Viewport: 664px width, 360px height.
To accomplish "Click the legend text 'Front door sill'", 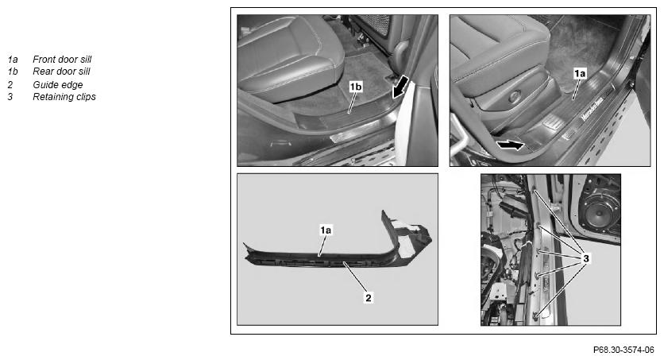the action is [62, 60].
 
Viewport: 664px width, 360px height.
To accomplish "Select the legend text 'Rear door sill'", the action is [61, 72].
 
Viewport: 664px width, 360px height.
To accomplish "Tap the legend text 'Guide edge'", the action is [58, 85].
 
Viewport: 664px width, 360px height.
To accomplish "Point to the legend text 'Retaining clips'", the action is [64, 97].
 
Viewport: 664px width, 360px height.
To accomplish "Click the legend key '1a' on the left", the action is [12, 60].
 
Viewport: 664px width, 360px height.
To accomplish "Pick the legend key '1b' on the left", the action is [13, 72].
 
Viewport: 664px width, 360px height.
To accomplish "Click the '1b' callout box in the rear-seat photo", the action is [356, 87].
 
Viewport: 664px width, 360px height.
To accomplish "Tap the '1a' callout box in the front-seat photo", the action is [580, 74].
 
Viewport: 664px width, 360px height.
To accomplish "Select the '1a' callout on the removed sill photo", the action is [326, 230].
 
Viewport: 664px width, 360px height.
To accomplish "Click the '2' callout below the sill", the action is [369, 298].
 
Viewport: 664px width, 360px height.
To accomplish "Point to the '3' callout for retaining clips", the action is [586, 258].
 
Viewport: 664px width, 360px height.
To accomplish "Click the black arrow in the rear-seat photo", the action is [400, 87].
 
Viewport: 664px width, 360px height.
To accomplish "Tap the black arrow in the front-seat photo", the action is [510, 145].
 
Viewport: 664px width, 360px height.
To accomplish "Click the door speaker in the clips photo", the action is [603, 211].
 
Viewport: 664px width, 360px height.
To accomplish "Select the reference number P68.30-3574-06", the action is [623, 350].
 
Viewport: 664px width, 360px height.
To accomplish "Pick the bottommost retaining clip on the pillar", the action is [535, 314].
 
